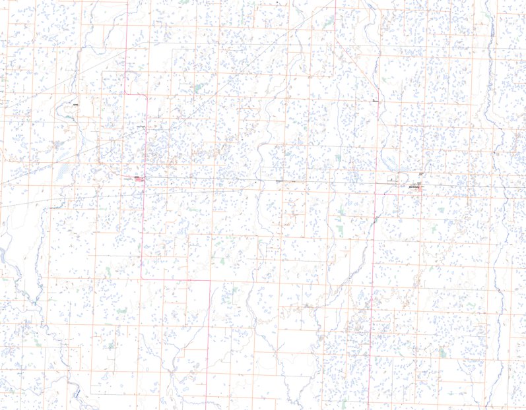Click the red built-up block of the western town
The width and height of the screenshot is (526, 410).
click(140, 179)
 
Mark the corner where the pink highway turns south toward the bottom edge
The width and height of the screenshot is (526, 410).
click(209, 280)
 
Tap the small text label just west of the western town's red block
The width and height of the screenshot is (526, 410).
click(127, 178)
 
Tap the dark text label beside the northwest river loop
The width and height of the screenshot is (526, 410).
click(76, 104)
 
